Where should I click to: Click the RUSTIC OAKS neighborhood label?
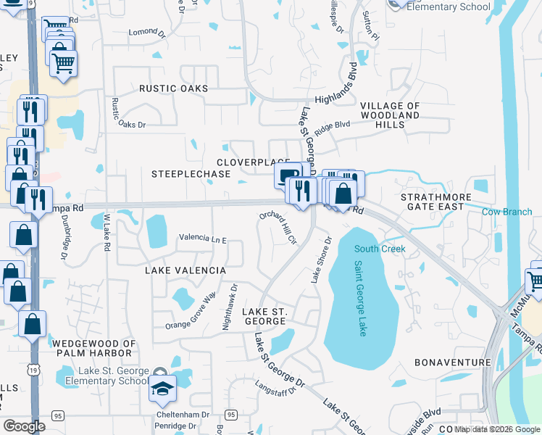(174, 88)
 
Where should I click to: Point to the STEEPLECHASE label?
(191, 174)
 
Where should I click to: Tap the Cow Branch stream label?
(507, 212)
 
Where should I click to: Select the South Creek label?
(379, 249)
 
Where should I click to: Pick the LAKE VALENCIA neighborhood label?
(185, 270)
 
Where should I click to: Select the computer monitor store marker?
(288, 175)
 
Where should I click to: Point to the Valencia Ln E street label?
(203, 239)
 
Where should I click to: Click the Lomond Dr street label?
(143, 32)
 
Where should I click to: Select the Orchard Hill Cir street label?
(279, 228)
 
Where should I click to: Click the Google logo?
(24, 426)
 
